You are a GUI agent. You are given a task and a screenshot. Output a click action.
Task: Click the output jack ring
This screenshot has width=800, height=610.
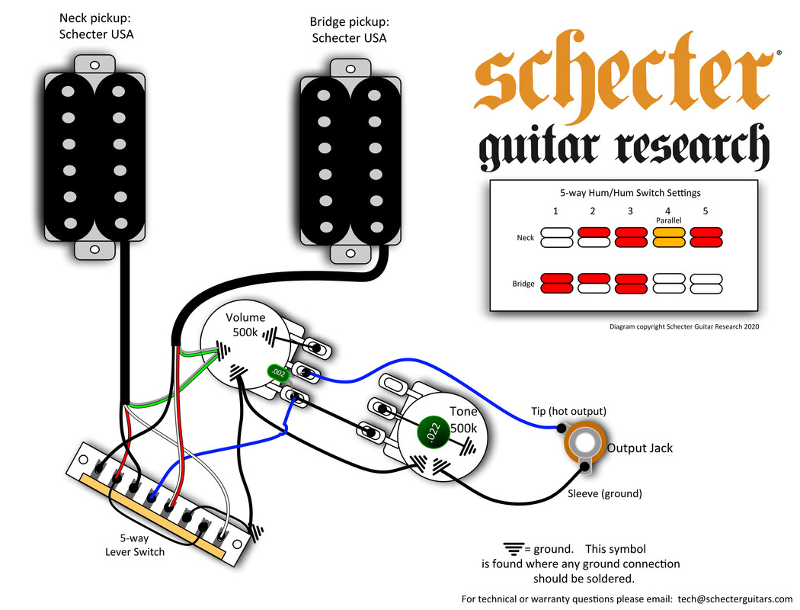584,446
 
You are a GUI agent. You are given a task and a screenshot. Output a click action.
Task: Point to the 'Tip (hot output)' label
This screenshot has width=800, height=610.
568,413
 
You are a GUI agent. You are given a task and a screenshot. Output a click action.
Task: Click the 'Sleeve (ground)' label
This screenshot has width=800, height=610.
604,493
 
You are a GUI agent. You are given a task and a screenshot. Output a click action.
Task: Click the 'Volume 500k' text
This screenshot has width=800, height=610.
245,325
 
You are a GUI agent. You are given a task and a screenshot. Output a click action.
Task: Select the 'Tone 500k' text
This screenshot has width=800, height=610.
463,420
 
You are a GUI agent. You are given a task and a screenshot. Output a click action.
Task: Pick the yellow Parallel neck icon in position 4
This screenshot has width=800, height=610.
668,238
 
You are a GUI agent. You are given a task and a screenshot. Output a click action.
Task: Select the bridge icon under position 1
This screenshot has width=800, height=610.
555,284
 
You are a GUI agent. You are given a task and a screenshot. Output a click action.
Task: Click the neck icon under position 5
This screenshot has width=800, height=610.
706,238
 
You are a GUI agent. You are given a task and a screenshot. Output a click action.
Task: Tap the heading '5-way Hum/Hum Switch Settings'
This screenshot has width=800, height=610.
623,193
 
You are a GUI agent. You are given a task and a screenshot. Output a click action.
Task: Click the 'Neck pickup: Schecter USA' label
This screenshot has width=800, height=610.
96,25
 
